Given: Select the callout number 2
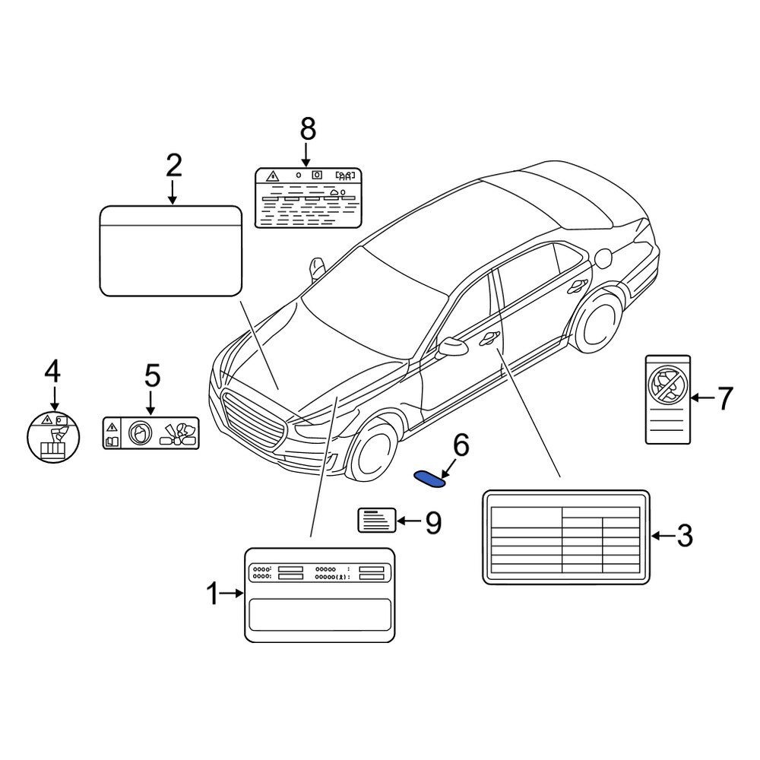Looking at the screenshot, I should click(173, 165).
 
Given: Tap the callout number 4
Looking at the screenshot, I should click(52, 372).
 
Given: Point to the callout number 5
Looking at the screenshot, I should click(152, 375).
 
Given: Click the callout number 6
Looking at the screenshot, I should click(461, 446).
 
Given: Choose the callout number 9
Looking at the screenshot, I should click(432, 521).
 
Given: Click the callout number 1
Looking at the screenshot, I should click(213, 594).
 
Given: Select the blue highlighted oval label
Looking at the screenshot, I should click(430, 478).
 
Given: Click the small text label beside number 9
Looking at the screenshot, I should click(377, 521).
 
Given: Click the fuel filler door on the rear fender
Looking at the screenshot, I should click(604, 258).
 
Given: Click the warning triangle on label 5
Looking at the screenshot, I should click(112, 426).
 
